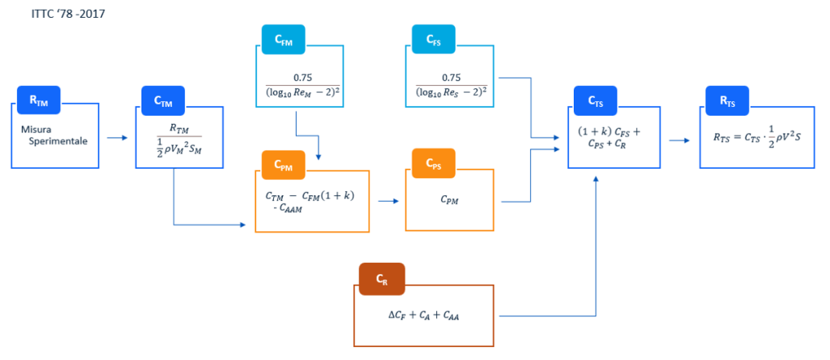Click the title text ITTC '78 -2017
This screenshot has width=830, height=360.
coord(68,14)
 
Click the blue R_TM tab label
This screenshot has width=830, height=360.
coord(39,101)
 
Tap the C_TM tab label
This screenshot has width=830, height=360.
coord(163,101)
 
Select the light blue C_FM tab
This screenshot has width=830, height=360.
coord(283,39)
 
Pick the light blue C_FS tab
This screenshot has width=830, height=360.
coord(434,39)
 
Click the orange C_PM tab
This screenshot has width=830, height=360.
coord(283,164)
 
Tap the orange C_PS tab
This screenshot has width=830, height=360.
coord(434,164)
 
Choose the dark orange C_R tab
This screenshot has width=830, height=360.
coord(382,280)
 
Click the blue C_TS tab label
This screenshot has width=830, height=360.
coord(596,101)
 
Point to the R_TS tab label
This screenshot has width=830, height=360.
coord(728,101)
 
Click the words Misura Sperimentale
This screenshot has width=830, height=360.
coord(54,135)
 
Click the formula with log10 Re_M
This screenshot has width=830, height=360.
coord(303,84)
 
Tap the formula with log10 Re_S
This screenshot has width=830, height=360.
coord(451,84)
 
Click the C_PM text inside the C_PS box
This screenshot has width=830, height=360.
coord(449,201)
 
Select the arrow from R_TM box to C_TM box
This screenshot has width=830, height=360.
coord(117,138)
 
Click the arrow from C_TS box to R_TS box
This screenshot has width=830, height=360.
coord(680,141)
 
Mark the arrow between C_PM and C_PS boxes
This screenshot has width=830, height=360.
coord(388,202)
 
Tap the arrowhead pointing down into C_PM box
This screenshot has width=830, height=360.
coord(318,157)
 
